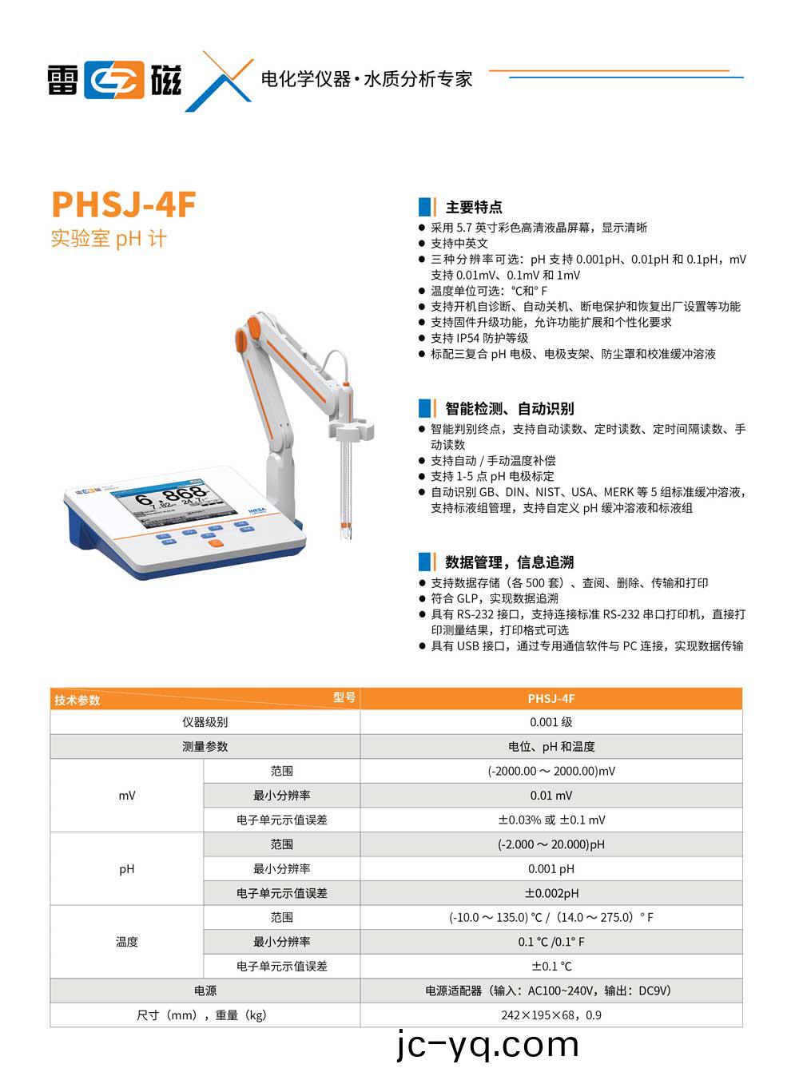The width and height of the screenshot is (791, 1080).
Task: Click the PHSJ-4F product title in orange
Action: coord(124,204)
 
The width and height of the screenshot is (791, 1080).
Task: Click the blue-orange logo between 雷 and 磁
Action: coord(115,80)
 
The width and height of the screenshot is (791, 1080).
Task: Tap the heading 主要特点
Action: coord(473,208)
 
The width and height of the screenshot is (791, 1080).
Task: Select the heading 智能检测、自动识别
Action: coord(509,409)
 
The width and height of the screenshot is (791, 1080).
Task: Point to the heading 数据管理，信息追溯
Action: coord(509,562)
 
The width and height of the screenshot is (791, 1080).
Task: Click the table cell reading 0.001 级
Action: coord(551,722)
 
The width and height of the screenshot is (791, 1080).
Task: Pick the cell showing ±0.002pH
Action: coord(551,893)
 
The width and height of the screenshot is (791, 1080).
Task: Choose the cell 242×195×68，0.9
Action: coord(551,1015)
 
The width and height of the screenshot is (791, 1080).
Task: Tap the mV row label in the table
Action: coord(127,796)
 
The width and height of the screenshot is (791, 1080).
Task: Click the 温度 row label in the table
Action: coord(127,942)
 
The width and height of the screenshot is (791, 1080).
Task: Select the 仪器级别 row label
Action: coord(205,722)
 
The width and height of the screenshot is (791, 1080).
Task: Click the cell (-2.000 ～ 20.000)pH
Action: coord(551,844)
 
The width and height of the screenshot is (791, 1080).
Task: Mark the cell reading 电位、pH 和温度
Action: coord(551,747)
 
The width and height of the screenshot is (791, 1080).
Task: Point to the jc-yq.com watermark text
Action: coord(487,1045)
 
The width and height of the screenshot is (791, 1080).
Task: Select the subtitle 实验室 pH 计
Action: coord(109,239)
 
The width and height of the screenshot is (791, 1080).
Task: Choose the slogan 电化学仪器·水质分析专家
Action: coord(367,79)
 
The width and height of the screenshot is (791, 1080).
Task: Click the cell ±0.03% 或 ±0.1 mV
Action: coord(551,820)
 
